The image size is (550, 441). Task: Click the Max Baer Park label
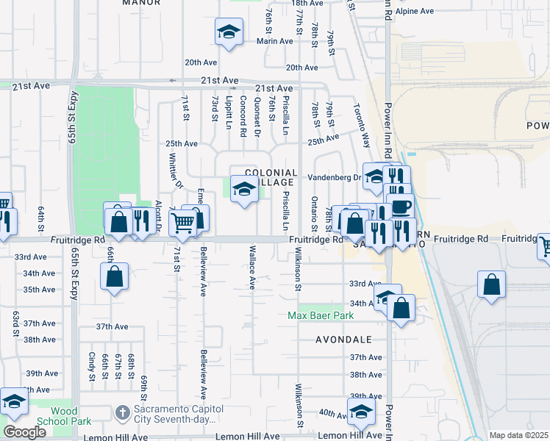coord(320,315)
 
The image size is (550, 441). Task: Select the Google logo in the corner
coord(24,432)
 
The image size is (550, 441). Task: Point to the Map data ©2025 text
coord(518,435)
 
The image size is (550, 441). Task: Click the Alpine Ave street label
coord(415,12)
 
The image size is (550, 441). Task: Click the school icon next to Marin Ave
coord(229,32)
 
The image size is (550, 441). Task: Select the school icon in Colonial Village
coord(244,190)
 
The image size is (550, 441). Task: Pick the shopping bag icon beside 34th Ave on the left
coord(114,277)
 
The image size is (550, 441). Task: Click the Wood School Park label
coord(71,416)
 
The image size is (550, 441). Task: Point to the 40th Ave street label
coord(333,413)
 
